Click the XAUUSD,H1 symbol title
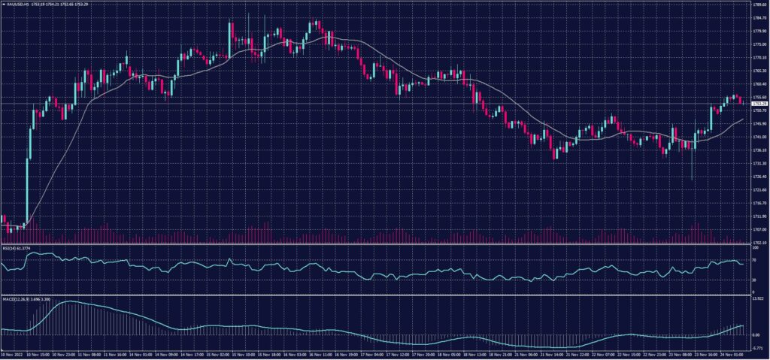[17, 4]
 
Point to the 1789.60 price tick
[759, 5]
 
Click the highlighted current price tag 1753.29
[759, 102]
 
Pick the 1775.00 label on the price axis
[759, 44]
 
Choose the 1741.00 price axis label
[759, 137]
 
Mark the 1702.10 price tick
[759, 242]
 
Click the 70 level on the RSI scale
[754, 259]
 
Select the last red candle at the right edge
[741, 100]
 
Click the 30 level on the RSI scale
[754, 280]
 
